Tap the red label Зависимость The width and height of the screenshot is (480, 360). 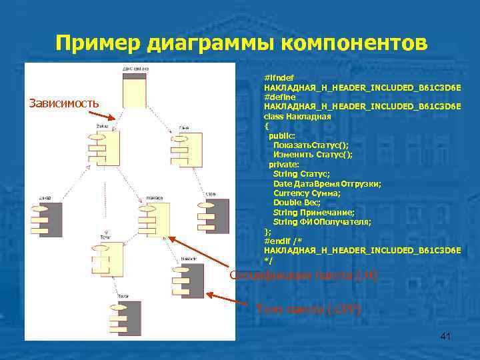click(x=63, y=103)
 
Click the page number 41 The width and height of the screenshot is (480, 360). click(x=446, y=337)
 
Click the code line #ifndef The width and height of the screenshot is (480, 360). click(x=279, y=78)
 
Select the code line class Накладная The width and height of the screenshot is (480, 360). click(x=297, y=116)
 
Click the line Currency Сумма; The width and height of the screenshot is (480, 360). click(x=306, y=193)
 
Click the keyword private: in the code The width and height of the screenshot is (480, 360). click(x=283, y=164)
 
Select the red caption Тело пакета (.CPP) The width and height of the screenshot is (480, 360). click(x=309, y=309)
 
